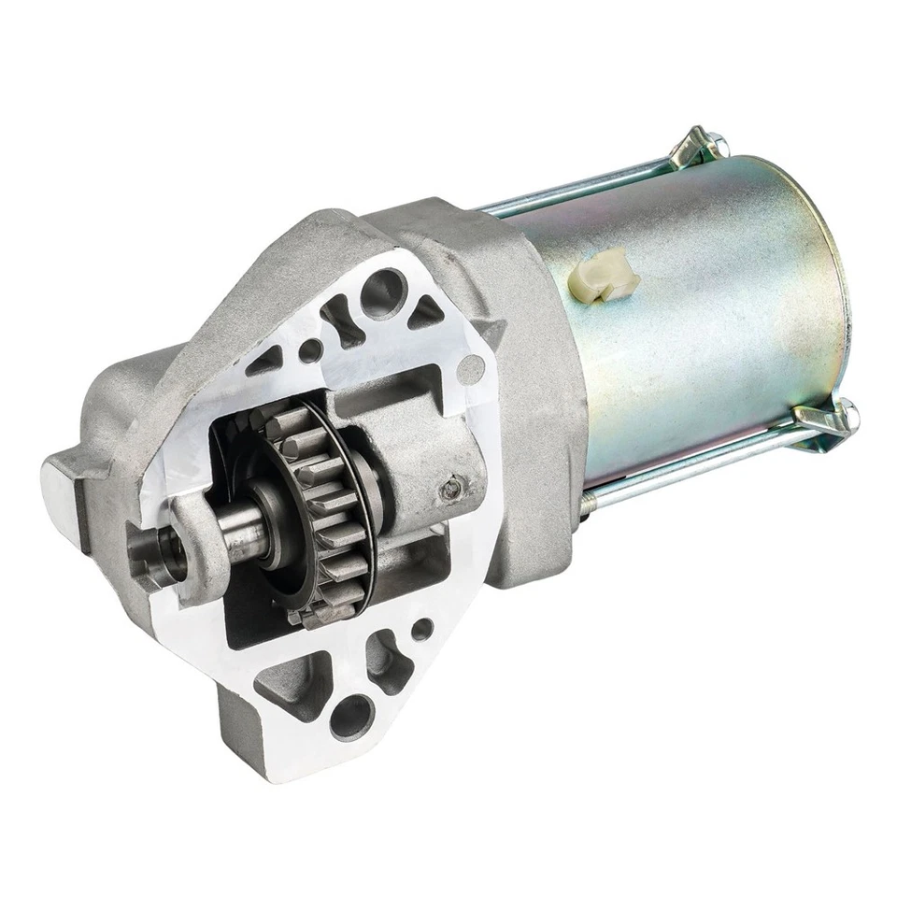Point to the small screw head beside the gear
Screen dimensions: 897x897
(454, 485)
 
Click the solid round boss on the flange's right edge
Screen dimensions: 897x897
(472, 370)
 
